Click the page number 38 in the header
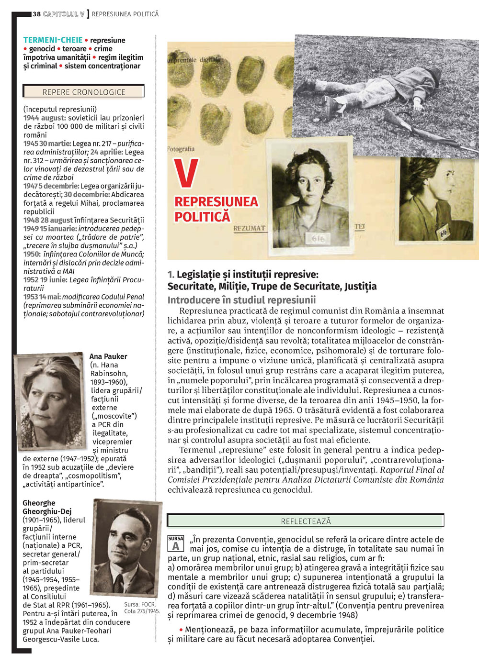(36, 14)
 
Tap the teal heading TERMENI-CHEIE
(53, 40)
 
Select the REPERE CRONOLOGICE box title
(84, 92)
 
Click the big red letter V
(186, 173)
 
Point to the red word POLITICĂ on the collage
(202, 217)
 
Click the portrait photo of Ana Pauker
(50, 401)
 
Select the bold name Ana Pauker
(108, 356)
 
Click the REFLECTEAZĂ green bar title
(306, 521)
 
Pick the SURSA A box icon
(175, 543)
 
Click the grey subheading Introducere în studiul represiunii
(241, 300)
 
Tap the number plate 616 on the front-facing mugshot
(318, 238)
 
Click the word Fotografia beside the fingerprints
(181, 149)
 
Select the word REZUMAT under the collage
(249, 228)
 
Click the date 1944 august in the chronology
(45, 118)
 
